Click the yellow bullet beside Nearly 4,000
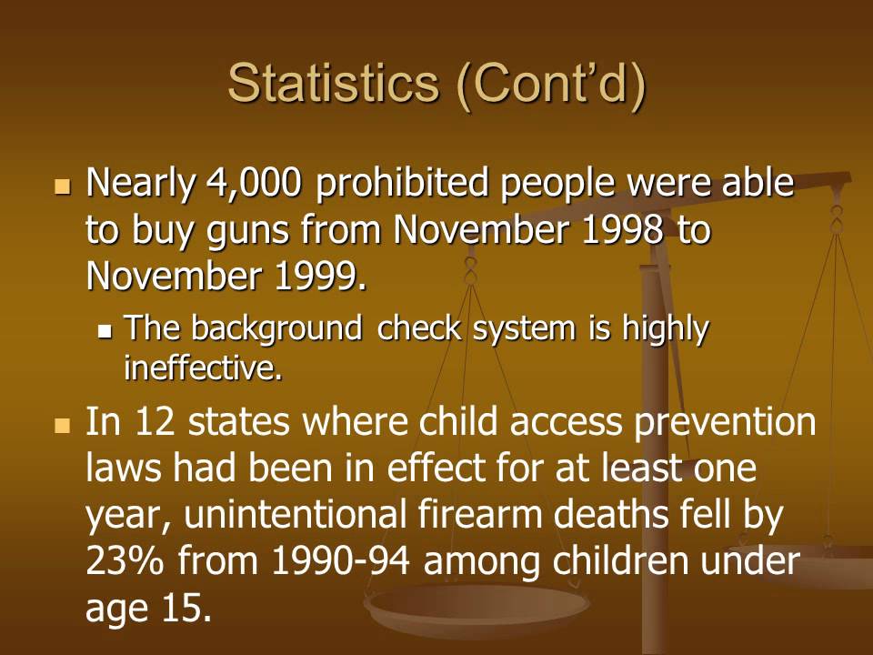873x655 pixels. (63, 186)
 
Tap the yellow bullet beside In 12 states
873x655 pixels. (63, 425)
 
